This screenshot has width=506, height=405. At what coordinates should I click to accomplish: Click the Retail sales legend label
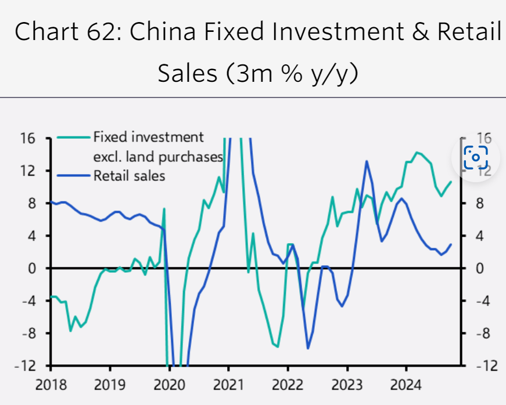coord(129,175)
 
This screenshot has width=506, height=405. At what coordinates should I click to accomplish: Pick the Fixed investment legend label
coord(149,138)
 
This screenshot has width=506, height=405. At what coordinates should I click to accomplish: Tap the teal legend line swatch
coord(74,138)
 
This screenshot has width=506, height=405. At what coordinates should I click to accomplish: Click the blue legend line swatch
coord(74,175)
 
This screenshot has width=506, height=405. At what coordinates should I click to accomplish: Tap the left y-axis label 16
coord(29,139)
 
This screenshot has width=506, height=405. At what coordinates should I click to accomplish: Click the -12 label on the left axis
coord(26,366)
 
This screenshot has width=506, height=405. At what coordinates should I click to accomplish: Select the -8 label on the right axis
coord(484,334)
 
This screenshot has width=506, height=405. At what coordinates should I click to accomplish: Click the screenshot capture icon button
coord(476,156)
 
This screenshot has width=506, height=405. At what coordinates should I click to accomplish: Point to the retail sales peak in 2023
coord(367,161)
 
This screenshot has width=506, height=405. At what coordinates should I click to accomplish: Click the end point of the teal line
coord(451,182)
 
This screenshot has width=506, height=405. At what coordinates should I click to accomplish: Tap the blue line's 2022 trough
coord(308,348)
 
